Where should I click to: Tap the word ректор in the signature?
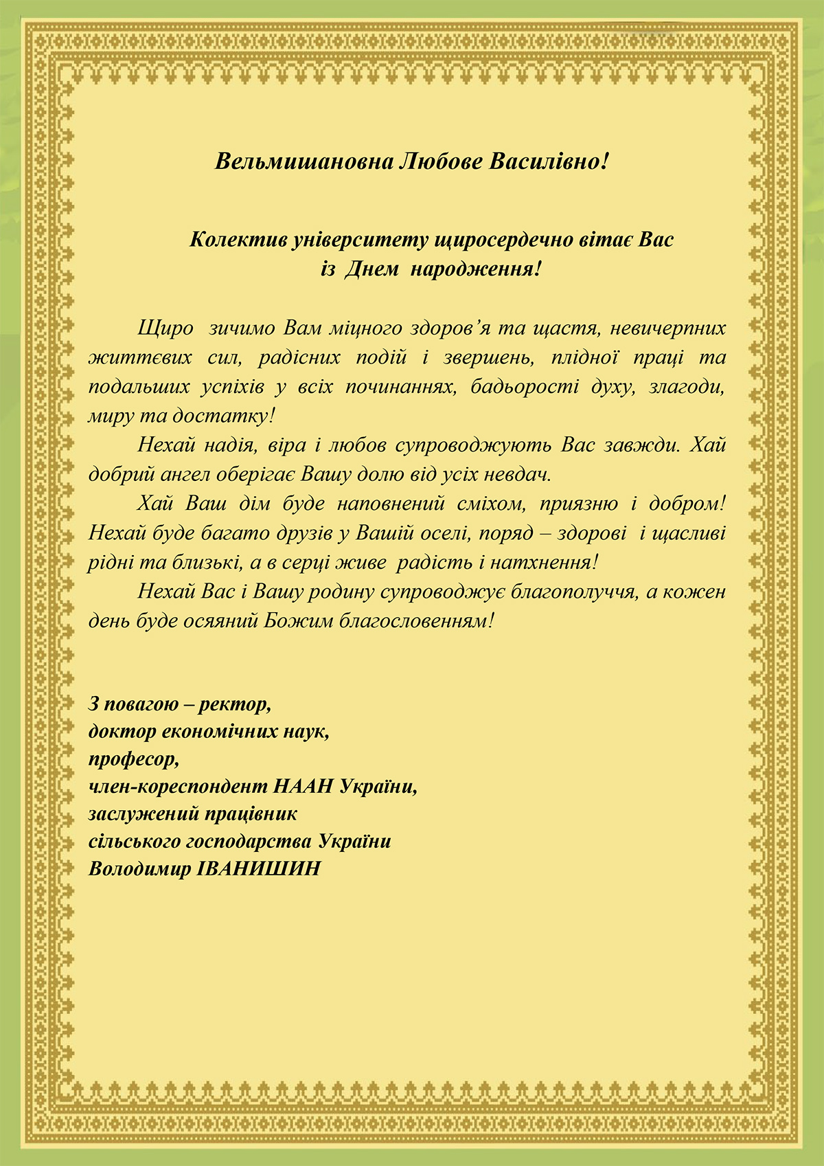[238, 704]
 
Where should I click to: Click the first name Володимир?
[140, 868]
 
